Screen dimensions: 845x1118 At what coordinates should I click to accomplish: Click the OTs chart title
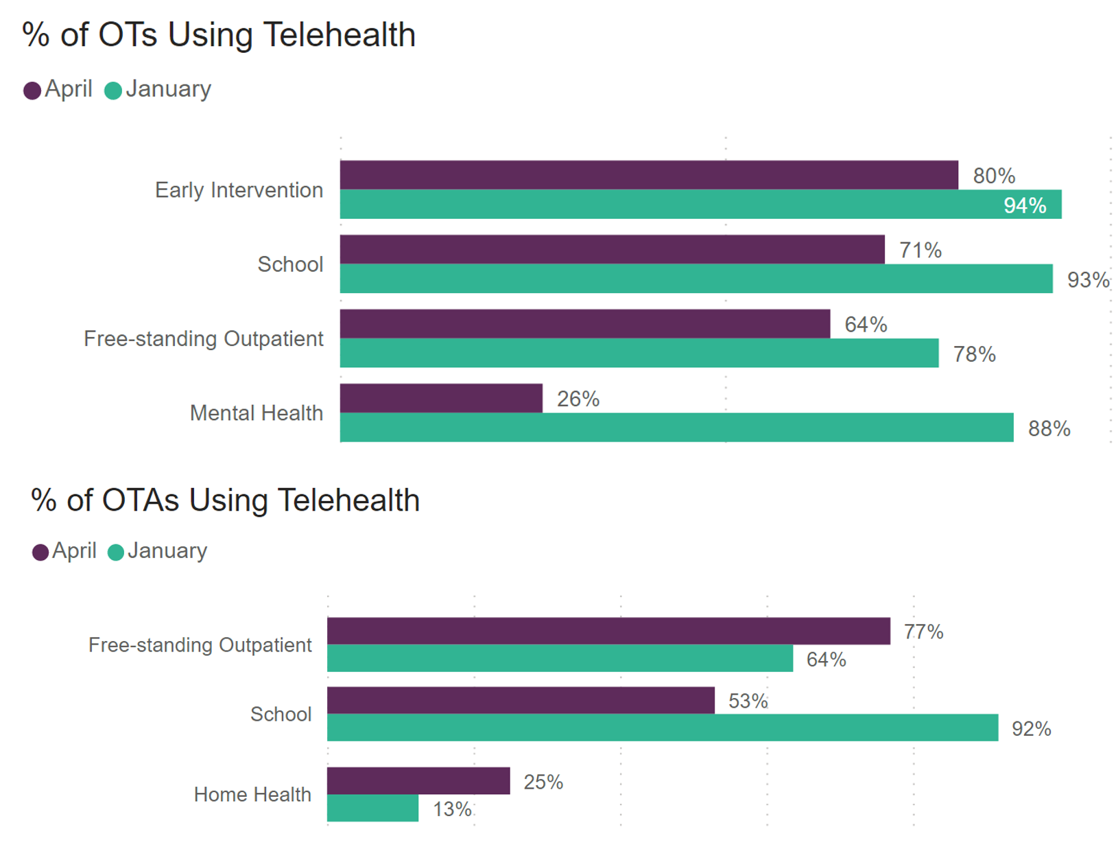click(219, 34)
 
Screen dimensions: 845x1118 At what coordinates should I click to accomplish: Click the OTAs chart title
click(225, 500)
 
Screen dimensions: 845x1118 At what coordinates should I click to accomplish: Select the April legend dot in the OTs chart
click(32, 91)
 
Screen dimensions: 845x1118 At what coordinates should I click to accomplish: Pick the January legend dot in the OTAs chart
click(116, 552)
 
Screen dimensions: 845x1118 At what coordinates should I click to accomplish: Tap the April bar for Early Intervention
click(648, 175)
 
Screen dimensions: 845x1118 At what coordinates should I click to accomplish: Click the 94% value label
click(1025, 205)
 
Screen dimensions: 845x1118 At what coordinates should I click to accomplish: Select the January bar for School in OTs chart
click(695, 279)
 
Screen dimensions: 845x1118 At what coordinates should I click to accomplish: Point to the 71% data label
click(920, 250)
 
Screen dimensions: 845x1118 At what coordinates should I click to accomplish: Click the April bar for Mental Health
click(440, 398)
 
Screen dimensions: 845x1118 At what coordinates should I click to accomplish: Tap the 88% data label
click(1049, 428)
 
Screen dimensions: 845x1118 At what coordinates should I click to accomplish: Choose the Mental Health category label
click(256, 413)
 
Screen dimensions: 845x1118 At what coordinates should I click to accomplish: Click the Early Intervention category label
click(239, 190)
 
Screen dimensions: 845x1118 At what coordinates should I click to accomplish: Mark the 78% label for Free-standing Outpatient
click(974, 354)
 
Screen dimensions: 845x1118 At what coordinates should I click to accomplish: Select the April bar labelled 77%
click(608, 631)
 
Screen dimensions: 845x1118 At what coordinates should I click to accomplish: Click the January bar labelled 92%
click(662, 728)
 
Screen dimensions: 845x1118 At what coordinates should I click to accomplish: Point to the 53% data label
click(748, 701)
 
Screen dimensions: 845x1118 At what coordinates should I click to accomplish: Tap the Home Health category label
click(252, 794)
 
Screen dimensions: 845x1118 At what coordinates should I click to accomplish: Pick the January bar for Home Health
click(372, 808)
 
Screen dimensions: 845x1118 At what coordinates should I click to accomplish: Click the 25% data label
click(543, 782)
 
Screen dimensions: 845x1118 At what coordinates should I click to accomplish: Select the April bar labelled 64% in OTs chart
click(584, 324)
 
